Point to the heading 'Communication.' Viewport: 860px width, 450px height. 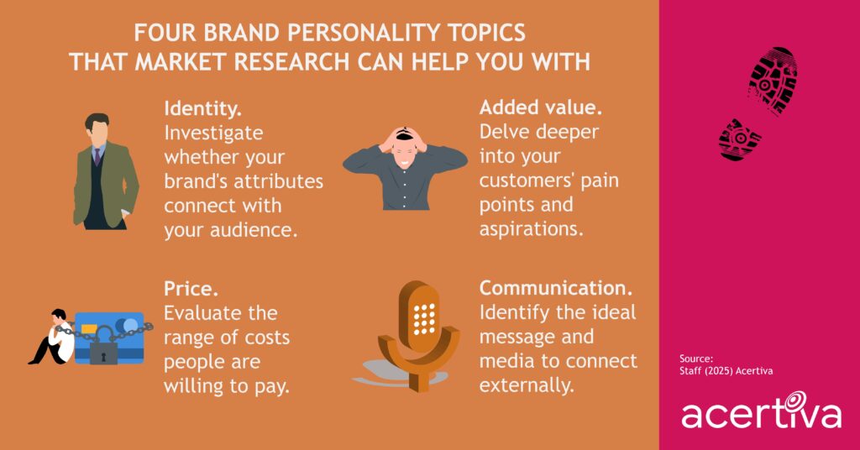556,289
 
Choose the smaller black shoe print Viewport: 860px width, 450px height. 739,139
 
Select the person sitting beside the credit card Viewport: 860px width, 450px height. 50,337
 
